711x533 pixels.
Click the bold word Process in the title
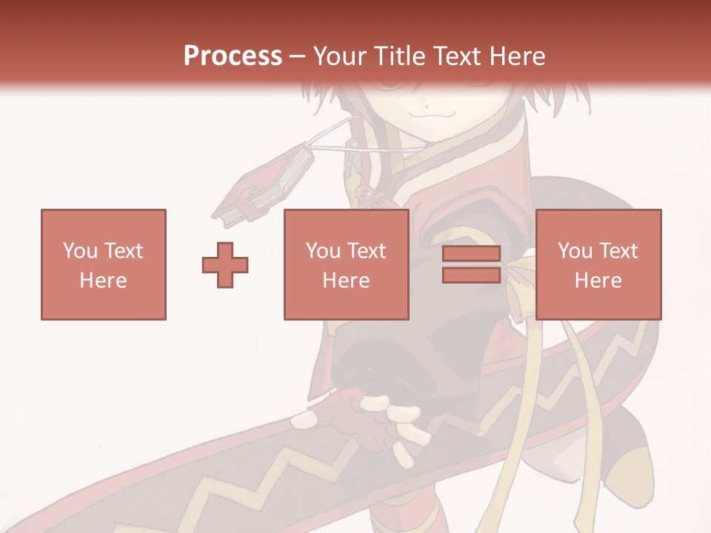[233, 56]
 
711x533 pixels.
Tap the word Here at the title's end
[515, 56]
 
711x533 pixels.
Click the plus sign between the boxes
[225, 264]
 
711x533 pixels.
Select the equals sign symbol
[471, 264]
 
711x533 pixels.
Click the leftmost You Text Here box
[104, 264]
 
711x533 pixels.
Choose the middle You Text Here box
[346, 264]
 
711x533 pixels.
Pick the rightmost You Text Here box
[598, 264]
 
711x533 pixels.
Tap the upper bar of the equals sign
[471, 254]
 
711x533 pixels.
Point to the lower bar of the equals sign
[471, 275]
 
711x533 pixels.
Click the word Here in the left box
[103, 281]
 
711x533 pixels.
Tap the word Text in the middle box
[367, 251]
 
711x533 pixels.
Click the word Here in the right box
[598, 281]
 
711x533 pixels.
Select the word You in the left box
[79, 251]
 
